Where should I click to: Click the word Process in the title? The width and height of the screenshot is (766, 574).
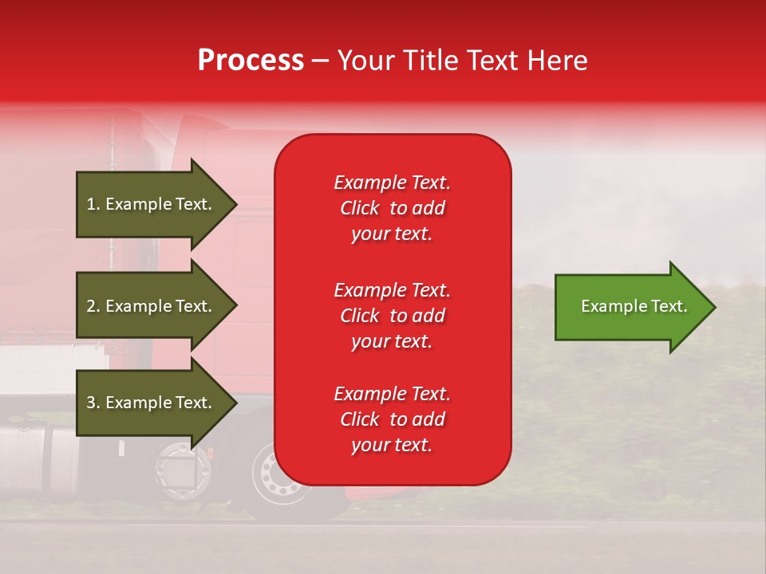coord(251,61)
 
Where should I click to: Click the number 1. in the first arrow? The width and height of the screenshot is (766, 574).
coord(93,204)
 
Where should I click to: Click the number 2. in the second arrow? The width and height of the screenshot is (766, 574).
coord(93,306)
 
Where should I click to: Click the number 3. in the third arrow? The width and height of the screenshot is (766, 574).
coord(93,403)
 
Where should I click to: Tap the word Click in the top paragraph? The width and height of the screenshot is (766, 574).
coord(360,208)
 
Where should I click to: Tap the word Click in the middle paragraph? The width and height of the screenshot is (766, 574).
coord(360,316)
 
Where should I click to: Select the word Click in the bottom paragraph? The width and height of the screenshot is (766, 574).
coord(360,419)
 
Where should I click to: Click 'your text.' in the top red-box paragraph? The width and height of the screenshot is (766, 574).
coord(392,234)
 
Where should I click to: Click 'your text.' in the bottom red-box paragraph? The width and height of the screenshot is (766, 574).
coord(392,445)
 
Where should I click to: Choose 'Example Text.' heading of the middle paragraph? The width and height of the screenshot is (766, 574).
coord(392,289)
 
